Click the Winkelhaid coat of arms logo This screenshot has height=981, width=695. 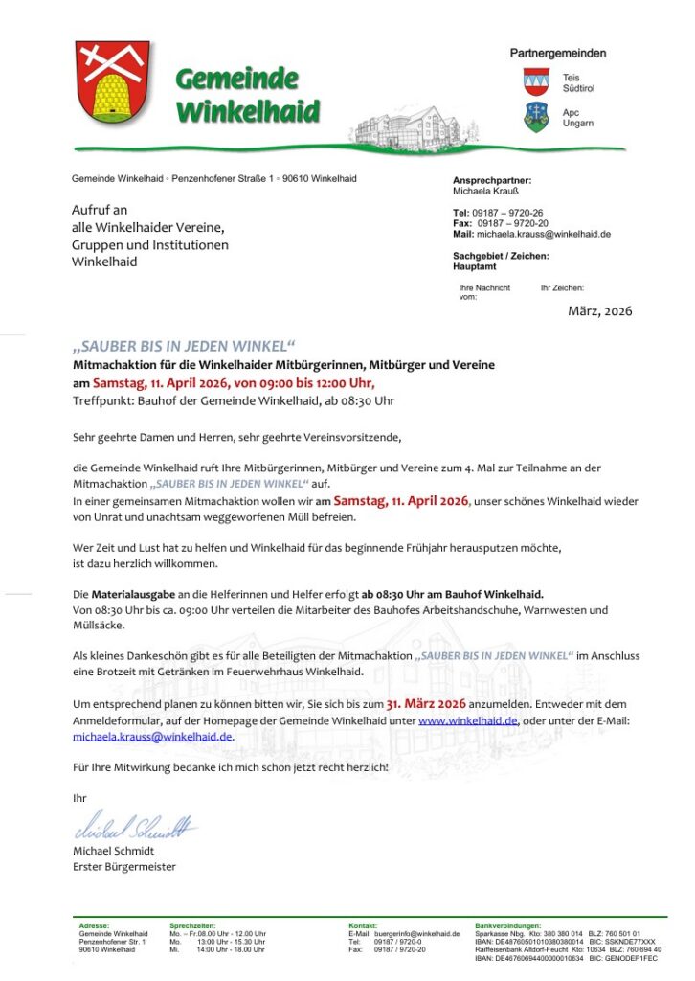tap(113, 83)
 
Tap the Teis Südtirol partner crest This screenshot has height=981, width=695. tap(536, 81)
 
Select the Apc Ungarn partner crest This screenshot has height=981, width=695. tap(536, 117)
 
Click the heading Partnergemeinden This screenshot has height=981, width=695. tap(557, 54)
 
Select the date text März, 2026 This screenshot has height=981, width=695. tap(599, 310)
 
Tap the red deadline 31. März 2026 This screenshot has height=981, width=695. tap(425, 702)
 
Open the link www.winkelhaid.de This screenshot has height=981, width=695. tap(468, 719)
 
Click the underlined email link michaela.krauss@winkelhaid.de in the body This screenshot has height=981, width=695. tap(152, 737)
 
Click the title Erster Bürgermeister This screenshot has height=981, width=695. tap(123, 867)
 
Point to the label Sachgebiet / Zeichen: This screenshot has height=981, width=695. tap(501, 256)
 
